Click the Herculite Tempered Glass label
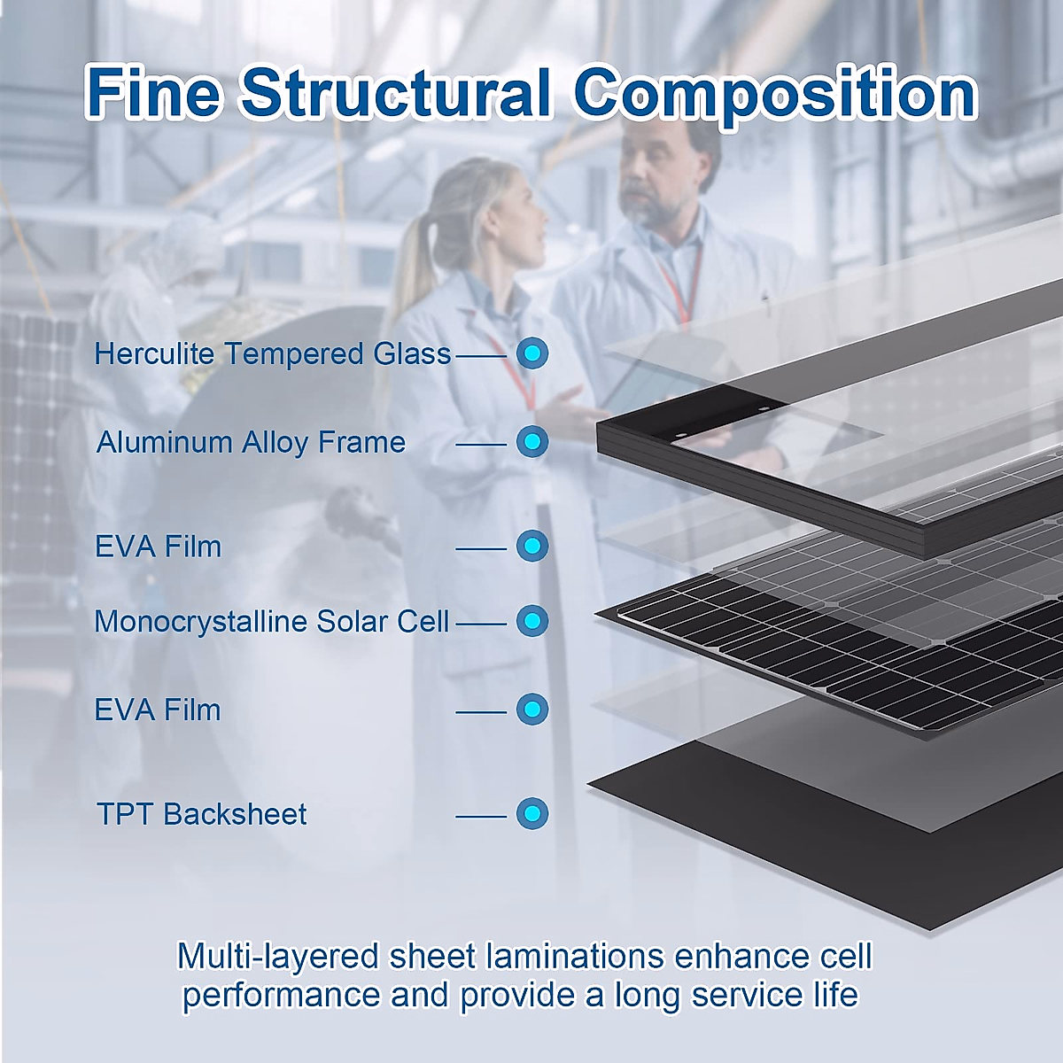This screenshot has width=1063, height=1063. click(273, 353)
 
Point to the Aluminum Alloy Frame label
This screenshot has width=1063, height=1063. click(251, 443)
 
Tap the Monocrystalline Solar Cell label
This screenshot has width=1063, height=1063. click(271, 622)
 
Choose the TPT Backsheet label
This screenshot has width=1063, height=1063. click(201, 814)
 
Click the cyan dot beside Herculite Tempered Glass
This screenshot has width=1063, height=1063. click(532, 353)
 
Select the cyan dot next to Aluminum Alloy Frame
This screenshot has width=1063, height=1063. click(532, 442)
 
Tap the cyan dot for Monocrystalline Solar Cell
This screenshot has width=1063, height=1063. click(532, 621)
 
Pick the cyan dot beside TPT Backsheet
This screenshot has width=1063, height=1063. click(532, 813)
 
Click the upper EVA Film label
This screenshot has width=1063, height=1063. click(158, 547)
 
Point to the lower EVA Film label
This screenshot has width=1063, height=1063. click(158, 710)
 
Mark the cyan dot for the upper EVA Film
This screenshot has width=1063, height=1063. click(532, 546)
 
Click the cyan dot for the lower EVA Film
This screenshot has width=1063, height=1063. click(532, 709)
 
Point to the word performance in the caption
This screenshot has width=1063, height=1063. click(282, 996)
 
